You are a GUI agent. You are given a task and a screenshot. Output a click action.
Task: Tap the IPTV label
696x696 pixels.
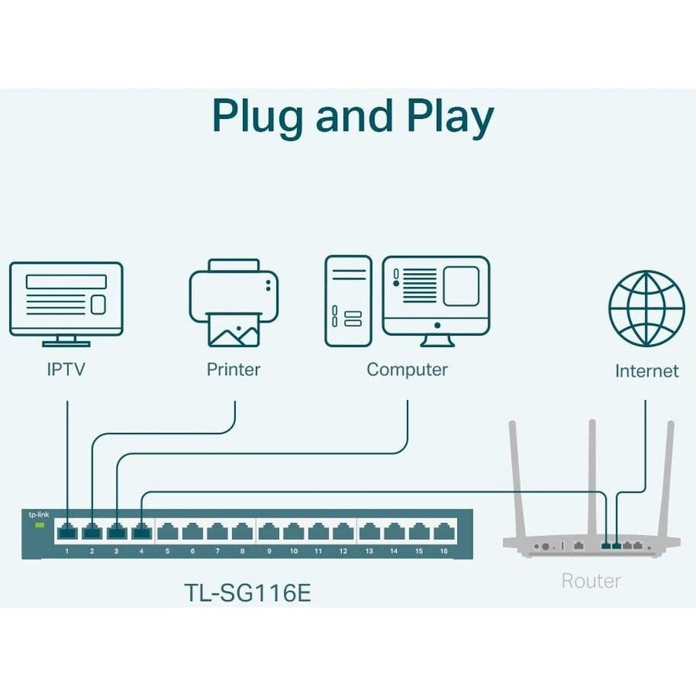(x=65, y=369)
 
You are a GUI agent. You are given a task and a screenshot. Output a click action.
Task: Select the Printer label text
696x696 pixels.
(x=233, y=369)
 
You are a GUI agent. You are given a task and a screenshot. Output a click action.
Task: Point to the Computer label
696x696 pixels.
(x=407, y=369)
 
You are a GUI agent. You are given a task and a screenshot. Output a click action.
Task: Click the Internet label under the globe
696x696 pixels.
(x=647, y=370)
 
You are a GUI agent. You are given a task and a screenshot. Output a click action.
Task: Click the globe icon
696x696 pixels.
(x=647, y=308)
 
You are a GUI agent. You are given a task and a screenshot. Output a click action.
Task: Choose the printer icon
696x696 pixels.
(x=233, y=302)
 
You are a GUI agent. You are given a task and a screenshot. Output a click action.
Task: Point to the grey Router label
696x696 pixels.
(x=591, y=580)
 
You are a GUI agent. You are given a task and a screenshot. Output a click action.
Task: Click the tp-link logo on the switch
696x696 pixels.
(x=36, y=514)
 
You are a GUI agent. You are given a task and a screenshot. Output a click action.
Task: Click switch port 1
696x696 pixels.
(x=67, y=531)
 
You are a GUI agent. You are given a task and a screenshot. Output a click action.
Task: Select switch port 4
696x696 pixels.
(x=142, y=531)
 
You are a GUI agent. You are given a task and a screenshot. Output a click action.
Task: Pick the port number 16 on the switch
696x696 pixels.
(x=443, y=551)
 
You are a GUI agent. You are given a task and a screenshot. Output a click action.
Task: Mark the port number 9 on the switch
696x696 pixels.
(x=269, y=551)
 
